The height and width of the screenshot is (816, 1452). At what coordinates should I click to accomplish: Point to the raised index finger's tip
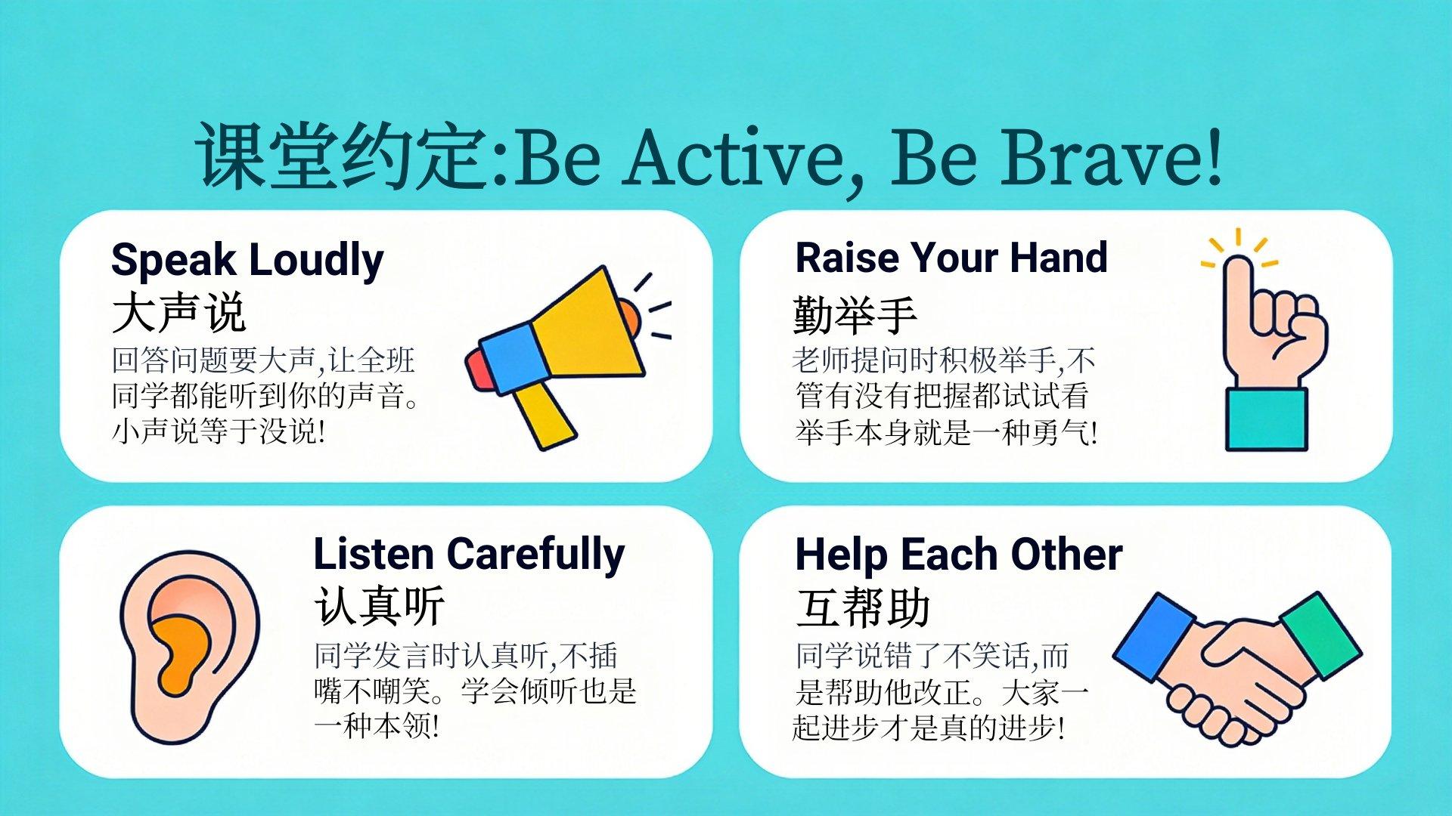[x=1238, y=261]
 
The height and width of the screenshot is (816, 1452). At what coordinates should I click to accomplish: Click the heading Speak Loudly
[x=247, y=261]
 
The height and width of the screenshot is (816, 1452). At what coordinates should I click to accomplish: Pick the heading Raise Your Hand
[x=951, y=258]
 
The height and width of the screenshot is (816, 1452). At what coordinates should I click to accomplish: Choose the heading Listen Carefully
[x=469, y=555]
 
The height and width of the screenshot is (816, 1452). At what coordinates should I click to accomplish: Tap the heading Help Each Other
[x=959, y=555]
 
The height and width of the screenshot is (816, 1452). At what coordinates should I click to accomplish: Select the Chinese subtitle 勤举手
[x=855, y=314]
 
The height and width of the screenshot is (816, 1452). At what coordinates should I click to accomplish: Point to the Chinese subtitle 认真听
[x=379, y=606]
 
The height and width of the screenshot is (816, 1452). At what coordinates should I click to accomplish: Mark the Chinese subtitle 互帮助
[x=862, y=607]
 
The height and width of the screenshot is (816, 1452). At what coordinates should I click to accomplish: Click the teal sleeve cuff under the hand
[x=1266, y=419]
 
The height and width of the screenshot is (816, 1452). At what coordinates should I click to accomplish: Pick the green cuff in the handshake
[x=1320, y=635]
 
